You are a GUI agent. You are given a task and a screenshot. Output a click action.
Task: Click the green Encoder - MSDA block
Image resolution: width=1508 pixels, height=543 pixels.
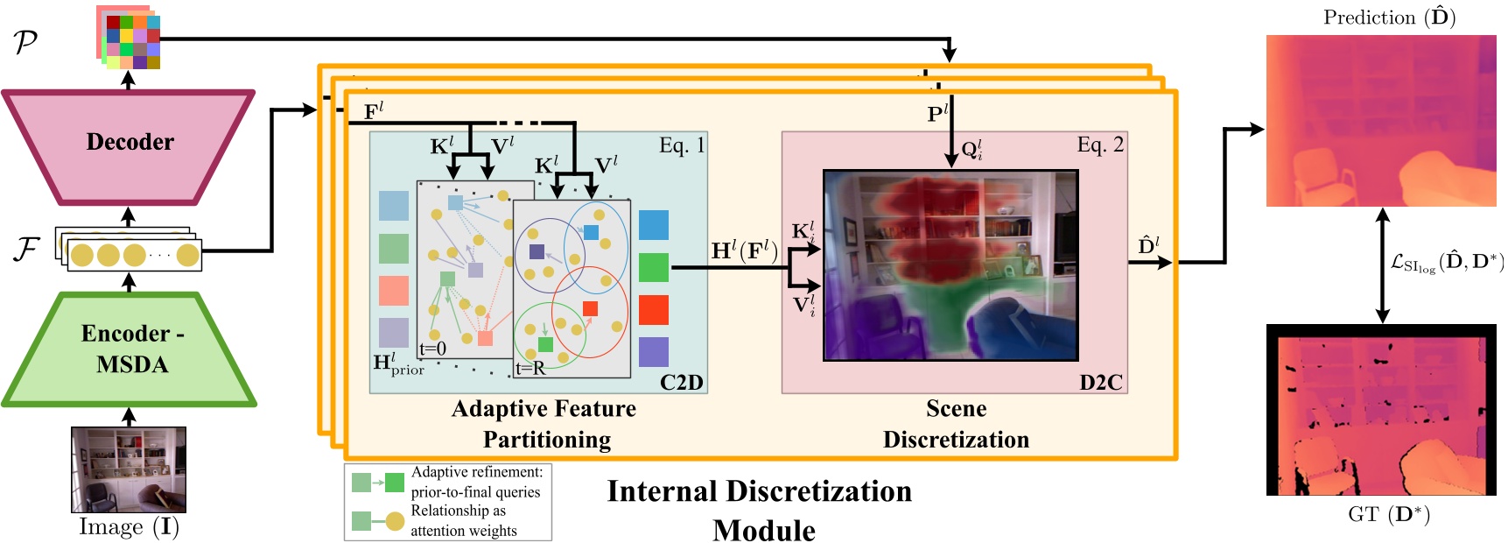[x=130, y=349]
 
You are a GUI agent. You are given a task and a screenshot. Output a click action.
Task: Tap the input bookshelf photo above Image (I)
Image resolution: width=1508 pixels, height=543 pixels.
[x=128, y=469]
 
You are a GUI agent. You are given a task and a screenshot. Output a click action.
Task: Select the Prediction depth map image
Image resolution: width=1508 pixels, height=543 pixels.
[x=1381, y=121]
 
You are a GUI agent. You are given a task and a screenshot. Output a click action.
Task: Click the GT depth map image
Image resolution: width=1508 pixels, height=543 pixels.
[x=1381, y=410]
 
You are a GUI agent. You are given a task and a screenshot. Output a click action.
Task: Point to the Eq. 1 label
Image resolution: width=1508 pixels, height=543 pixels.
[x=681, y=145]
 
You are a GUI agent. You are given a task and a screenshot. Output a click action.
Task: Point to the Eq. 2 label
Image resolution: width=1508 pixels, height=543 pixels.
[x=1099, y=145]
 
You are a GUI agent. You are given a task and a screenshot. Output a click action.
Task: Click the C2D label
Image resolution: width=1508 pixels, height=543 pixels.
[x=681, y=383]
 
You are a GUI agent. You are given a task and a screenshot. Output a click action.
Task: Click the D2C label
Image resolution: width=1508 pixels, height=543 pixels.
[x=1100, y=383]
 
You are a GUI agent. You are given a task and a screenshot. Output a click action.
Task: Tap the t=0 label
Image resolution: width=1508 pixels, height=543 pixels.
[x=432, y=349]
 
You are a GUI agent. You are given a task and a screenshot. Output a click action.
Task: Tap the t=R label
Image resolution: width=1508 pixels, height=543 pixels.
[x=530, y=369]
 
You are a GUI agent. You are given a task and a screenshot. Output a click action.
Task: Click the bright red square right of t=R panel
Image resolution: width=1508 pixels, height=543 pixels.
[x=653, y=310]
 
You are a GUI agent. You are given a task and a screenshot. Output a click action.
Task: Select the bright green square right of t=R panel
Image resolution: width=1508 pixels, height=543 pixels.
[x=653, y=267]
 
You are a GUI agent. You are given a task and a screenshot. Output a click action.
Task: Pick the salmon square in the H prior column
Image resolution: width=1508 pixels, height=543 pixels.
[x=394, y=291]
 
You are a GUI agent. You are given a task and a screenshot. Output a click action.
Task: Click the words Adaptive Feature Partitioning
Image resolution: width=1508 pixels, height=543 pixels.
[x=545, y=424]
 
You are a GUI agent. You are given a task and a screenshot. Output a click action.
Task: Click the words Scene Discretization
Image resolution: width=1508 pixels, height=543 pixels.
[x=956, y=424]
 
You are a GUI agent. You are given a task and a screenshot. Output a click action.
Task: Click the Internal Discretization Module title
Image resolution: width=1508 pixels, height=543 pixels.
[x=760, y=510]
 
